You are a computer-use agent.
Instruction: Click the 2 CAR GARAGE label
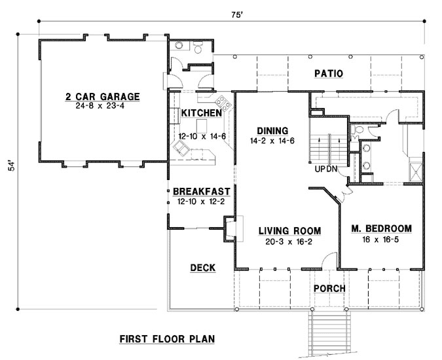(102, 97)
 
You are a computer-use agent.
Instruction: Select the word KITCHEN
(201, 113)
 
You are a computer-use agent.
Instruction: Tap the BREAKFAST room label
(201, 191)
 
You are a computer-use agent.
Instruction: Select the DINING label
(272, 130)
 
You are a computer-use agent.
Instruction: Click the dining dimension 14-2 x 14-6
(272, 140)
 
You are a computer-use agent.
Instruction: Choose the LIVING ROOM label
(289, 230)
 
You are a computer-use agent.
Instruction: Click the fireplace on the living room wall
(230, 229)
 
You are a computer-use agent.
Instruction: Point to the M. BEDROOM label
(380, 228)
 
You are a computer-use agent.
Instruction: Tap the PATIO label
(329, 73)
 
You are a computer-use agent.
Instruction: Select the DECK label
(203, 267)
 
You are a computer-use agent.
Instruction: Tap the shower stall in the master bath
(414, 171)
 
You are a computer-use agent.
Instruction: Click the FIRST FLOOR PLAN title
(168, 339)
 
